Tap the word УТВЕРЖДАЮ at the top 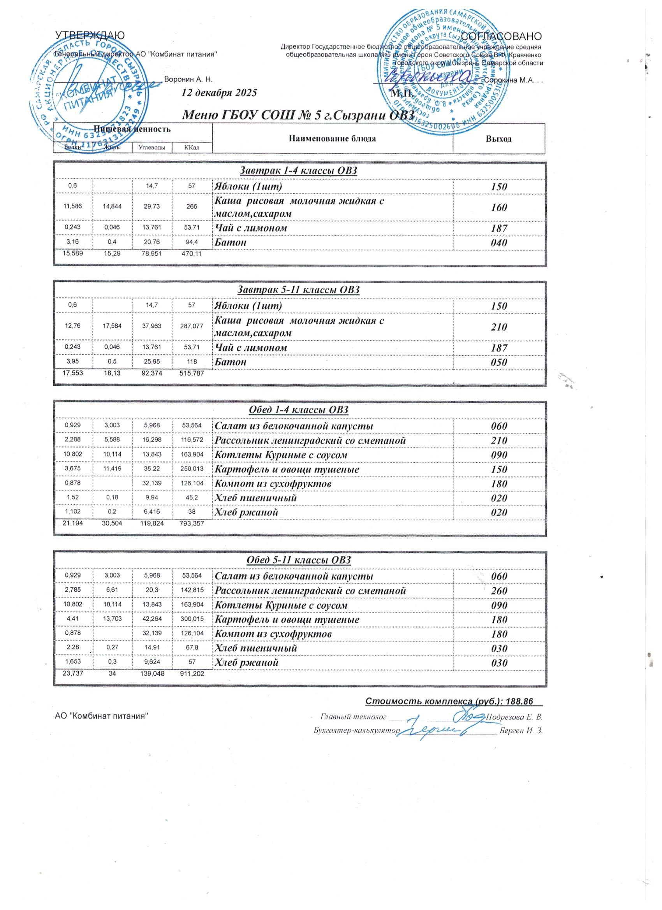[x=90, y=36]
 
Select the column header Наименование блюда [x=332, y=139]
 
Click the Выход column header [x=498, y=139]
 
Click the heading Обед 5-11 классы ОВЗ [x=299, y=560]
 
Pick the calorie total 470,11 [x=192, y=254]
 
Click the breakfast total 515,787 [x=192, y=374]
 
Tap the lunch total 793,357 [x=192, y=524]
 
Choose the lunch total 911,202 [x=192, y=674]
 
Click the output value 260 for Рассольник [x=499, y=591]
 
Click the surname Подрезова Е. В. [x=514, y=717]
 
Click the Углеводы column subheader [x=152, y=148]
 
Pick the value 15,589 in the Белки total [x=73, y=254]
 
